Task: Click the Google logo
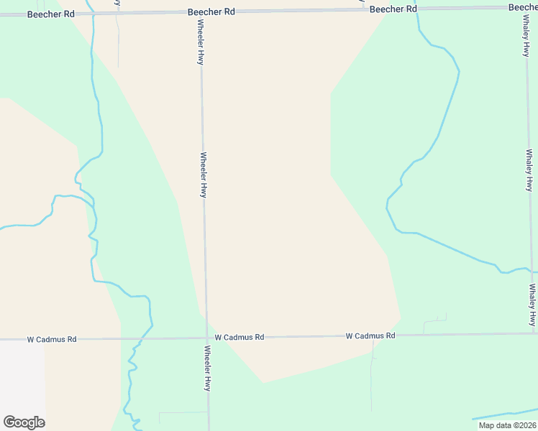[x=24, y=422]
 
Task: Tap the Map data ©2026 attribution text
[x=506, y=425]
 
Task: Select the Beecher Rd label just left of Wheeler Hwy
[x=211, y=12]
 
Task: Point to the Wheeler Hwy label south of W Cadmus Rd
[x=208, y=369]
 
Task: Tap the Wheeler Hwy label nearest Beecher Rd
[x=201, y=42]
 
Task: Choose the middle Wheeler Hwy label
[x=204, y=175]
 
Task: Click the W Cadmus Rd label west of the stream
[x=52, y=339]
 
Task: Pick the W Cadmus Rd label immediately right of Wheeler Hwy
[x=240, y=337]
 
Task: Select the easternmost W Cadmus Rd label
[x=370, y=335]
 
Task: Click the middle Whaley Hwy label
[x=529, y=170]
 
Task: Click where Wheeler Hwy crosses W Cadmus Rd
[x=207, y=338]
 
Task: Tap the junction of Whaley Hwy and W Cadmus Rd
[x=534, y=333]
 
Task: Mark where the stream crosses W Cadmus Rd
[x=143, y=338]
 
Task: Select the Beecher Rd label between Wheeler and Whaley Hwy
[x=393, y=9]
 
